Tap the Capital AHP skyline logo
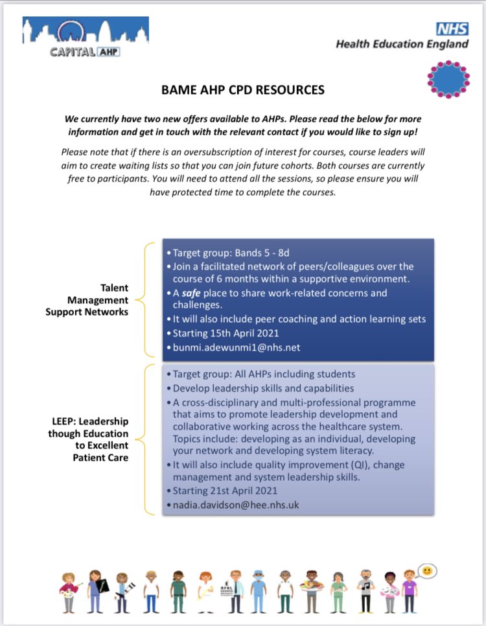pyautogui.click(x=84, y=38)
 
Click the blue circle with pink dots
pyautogui.click(x=448, y=80)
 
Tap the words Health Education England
pyautogui.click(x=402, y=44)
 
